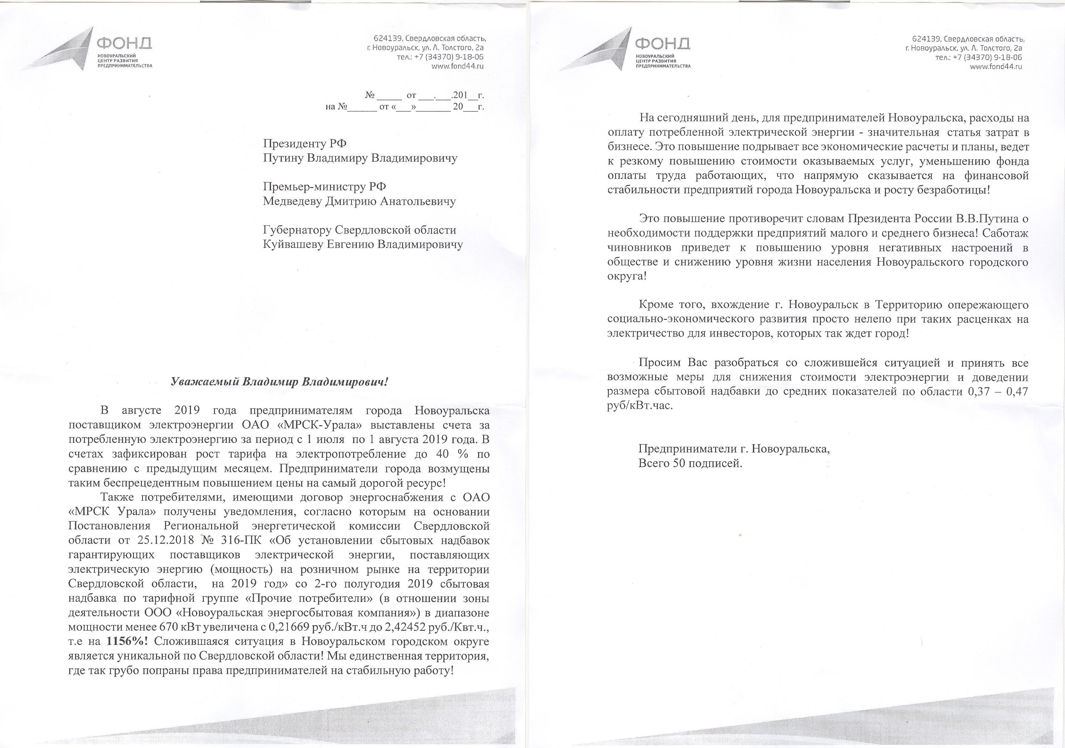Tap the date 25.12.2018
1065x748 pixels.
click(164, 541)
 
